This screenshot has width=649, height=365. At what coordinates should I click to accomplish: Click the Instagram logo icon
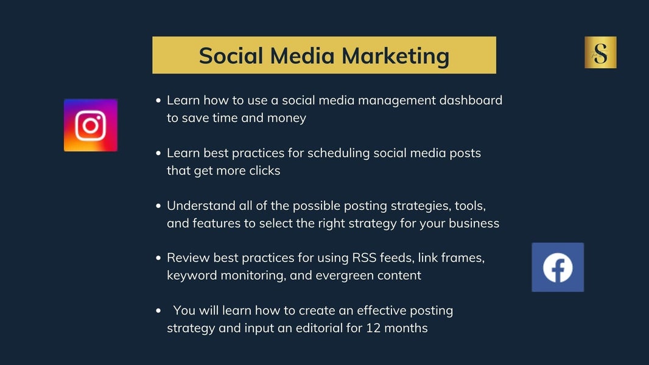click(x=91, y=125)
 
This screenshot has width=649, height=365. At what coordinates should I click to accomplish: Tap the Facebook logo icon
click(x=558, y=267)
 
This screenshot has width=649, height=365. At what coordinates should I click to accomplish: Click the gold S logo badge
click(x=600, y=52)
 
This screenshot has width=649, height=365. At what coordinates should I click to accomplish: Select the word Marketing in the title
click(x=395, y=56)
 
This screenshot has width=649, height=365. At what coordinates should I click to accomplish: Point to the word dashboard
click(x=471, y=100)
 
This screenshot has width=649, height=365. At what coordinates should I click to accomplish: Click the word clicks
click(x=264, y=170)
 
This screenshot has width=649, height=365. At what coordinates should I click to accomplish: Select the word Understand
click(x=201, y=206)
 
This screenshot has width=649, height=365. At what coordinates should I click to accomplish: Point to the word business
click(x=474, y=223)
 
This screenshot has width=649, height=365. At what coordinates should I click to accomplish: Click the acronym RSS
click(x=364, y=258)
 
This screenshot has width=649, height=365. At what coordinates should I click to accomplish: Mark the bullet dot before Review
click(x=158, y=258)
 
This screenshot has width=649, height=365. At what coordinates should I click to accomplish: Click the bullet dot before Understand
click(x=158, y=206)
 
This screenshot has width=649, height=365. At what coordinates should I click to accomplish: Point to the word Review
click(x=188, y=258)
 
